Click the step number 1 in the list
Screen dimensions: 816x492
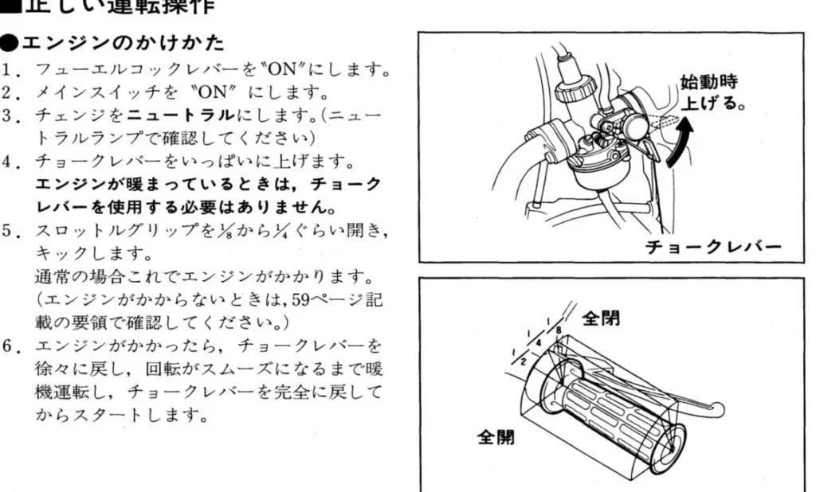pyautogui.click(x=7, y=69)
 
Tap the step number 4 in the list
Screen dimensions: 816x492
pyautogui.click(x=7, y=162)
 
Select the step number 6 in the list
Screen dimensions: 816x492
pyautogui.click(x=7, y=346)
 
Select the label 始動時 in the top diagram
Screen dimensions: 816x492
pyautogui.click(x=708, y=82)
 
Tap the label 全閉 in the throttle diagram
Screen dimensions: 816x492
pyautogui.click(x=601, y=317)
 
